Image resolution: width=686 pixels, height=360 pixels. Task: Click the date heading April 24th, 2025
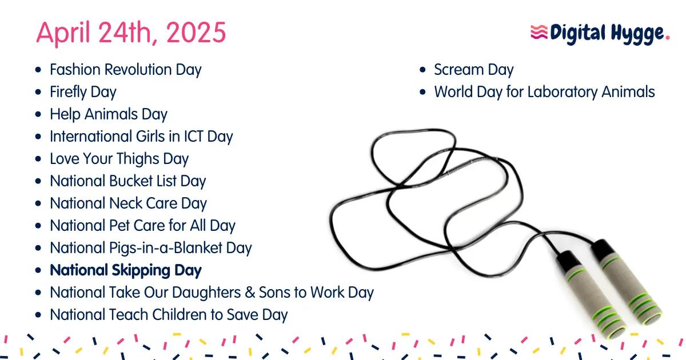click(131, 33)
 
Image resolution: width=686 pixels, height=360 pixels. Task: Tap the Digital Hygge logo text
click(608, 33)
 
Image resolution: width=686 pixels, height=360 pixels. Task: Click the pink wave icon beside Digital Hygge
click(539, 32)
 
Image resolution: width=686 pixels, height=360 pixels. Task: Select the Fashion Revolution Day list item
click(125, 70)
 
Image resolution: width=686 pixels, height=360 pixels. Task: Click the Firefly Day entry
click(83, 92)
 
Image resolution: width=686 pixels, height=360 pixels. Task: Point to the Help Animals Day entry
click(108, 114)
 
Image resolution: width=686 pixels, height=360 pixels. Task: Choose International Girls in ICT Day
click(141, 137)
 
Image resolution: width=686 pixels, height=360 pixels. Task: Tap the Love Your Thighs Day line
click(119, 159)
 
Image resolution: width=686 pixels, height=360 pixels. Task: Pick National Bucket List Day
click(127, 181)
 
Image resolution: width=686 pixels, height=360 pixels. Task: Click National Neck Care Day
click(128, 203)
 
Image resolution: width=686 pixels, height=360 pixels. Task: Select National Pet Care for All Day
click(142, 226)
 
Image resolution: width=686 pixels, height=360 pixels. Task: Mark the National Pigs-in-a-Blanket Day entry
click(150, 248)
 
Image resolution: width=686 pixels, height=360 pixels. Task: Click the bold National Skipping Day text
click(126, 270)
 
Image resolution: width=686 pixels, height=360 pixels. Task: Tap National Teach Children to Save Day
click(169, 315)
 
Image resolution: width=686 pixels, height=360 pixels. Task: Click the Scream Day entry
click(473, 70)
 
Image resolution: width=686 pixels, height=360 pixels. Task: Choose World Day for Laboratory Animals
click(544, 92)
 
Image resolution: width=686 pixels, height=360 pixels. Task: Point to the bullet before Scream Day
click(422, 70)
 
